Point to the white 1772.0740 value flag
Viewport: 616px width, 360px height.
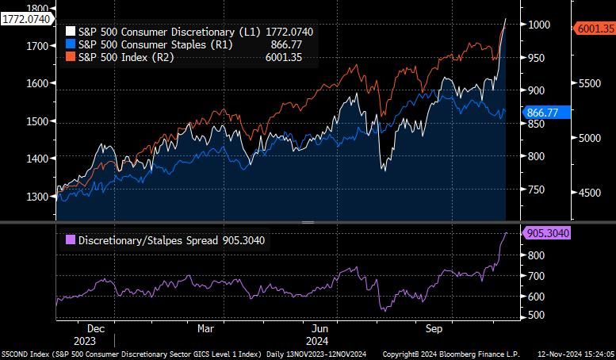(24, 19)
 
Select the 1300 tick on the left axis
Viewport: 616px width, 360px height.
(38, 197)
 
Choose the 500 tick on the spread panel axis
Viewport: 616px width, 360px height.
(537, 316)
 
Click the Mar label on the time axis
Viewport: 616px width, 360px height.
(205, 327)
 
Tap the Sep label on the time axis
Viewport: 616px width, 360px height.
(434, 327)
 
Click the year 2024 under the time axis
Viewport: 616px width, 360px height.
(321, 339)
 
